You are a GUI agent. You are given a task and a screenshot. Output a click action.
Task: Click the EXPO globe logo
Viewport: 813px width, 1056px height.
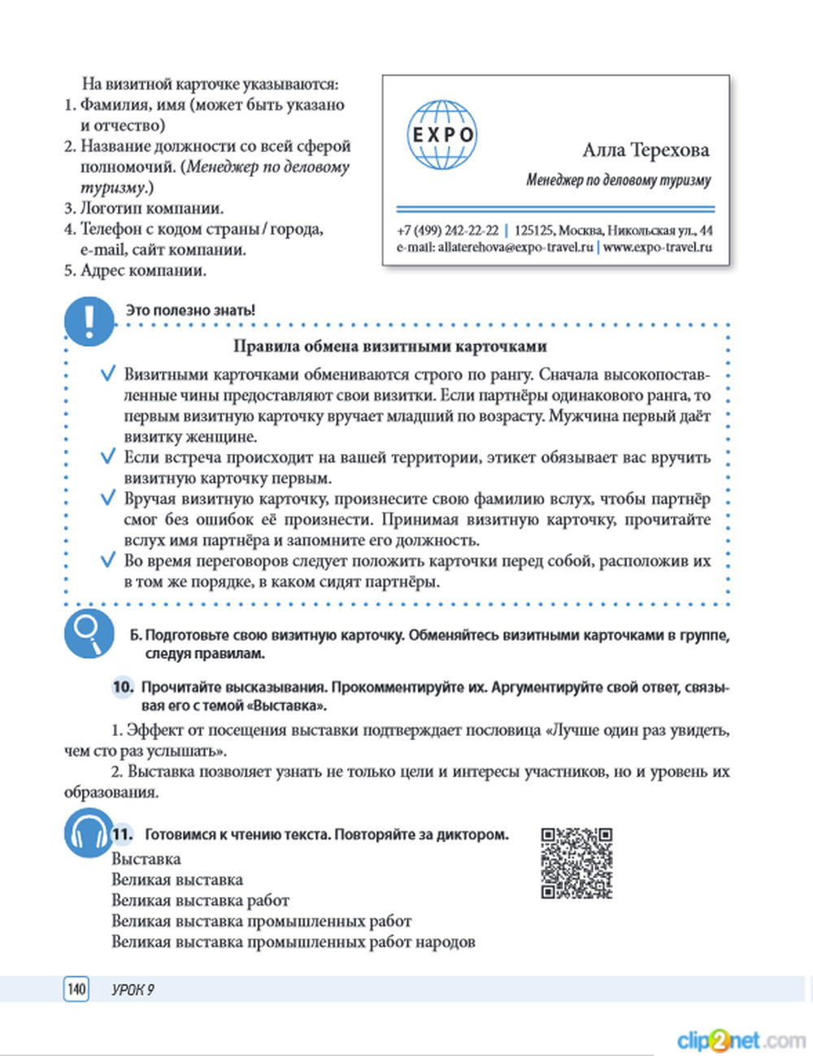[x=441, y=135]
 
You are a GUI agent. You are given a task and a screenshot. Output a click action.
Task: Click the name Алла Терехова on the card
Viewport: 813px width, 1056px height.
[x=646, y=150]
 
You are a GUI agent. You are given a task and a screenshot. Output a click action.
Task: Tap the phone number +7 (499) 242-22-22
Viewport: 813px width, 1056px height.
[x=447, y=231]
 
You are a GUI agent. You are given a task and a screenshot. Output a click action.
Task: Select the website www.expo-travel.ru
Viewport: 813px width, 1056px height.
[x=658, y=247]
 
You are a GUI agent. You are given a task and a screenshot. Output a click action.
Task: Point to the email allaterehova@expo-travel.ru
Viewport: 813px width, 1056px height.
[x=495, y=247]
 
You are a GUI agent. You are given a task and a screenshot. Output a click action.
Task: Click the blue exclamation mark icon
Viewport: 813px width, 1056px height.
[x=89, y=320]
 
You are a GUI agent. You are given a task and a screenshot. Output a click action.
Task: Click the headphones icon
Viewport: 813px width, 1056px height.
[x=88, y=833]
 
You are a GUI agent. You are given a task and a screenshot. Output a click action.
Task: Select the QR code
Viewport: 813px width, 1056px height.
[x=576, y=863]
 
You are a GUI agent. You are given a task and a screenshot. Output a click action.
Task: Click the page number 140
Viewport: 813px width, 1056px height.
[x=76, y=989]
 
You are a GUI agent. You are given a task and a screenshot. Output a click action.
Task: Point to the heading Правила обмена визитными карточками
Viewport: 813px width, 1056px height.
[x=390, y=346]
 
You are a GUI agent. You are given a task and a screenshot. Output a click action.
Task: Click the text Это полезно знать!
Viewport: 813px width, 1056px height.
[x=190, y=310]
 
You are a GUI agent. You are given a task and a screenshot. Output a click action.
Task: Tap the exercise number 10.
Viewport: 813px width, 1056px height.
[x=123, y=687]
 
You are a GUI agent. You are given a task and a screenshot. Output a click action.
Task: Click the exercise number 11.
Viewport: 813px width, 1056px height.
[x=123, y=834]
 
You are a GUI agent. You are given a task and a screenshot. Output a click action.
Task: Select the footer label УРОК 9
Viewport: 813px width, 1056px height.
[x=133, y=989]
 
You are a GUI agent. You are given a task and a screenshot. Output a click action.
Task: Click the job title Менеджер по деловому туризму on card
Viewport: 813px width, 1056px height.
[x=618, y=180]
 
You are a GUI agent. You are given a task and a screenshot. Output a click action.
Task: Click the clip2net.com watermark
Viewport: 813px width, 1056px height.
[x=740, y=1040]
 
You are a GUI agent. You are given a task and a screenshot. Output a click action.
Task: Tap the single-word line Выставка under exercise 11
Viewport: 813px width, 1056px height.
[x=146, y=859]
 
